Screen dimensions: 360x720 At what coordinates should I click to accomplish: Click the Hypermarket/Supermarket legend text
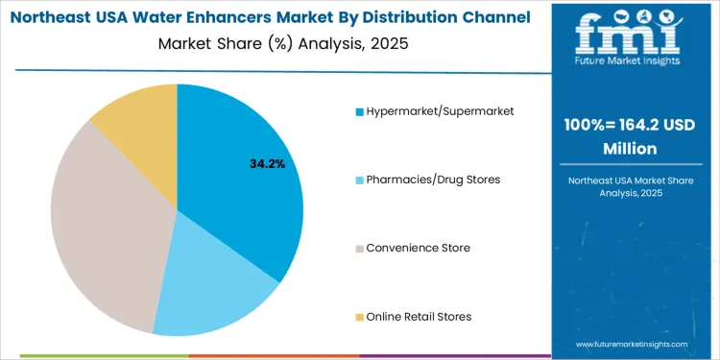440,111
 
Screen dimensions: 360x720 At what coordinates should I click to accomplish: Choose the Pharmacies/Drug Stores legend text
432,180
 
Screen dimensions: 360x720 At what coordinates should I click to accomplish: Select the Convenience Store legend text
418,248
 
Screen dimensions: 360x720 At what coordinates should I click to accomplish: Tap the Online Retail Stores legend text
419,317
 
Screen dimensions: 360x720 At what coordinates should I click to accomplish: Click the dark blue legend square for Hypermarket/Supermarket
359,112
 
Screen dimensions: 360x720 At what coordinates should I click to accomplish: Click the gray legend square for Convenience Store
359,249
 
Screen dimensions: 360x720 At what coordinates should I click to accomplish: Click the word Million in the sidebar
631,149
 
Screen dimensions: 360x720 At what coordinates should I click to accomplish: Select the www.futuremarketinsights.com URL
632,343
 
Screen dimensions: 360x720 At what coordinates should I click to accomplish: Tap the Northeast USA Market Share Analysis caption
631,186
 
